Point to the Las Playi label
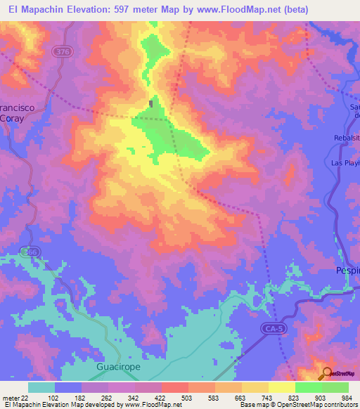345,163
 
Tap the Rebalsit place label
347,138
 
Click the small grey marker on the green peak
151,105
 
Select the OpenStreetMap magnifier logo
327,373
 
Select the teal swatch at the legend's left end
41,387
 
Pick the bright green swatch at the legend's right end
335,387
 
